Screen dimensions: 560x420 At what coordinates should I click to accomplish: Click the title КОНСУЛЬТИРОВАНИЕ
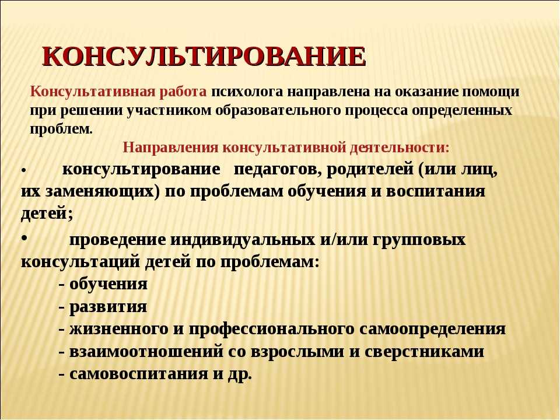[x=204, y=57]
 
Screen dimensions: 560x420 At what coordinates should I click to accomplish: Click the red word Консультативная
[x=93, y=92]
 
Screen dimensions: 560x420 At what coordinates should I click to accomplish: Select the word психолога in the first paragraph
[x=246, y=92]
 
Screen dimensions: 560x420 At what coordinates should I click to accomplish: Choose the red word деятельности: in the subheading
[x=400, y=148]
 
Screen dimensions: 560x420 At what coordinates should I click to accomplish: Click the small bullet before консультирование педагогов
[x=23, y=171]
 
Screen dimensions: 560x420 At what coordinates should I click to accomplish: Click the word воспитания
[x=436, y=192]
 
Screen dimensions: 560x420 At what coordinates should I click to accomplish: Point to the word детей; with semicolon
[x=47, y=214]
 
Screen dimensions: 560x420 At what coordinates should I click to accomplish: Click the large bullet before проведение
[x=24, y=238]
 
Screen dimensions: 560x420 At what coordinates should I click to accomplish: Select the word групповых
[x=419, y=240]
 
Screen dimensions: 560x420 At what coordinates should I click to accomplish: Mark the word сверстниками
[x=424, y=352]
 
